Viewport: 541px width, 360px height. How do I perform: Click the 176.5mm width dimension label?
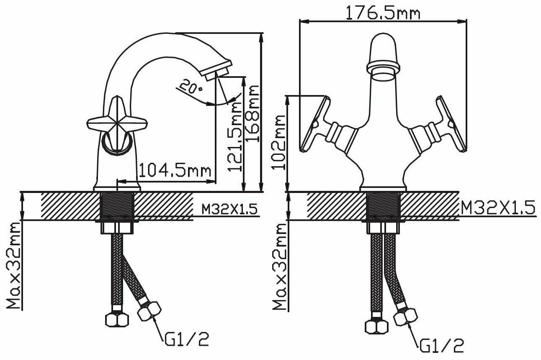click(x=383, y=13)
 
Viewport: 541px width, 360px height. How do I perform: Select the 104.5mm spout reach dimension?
click(x=175, y=170)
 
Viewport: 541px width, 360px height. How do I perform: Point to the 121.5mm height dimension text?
click(x=235, y=136)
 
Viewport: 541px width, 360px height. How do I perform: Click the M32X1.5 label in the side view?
click(x=229, y=209)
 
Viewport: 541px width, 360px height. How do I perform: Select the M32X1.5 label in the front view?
click(x=498, y=208)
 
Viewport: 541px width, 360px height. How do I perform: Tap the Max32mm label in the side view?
click(x=13, y=265)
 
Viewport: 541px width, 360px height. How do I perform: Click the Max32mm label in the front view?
click(x=280, y=267)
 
